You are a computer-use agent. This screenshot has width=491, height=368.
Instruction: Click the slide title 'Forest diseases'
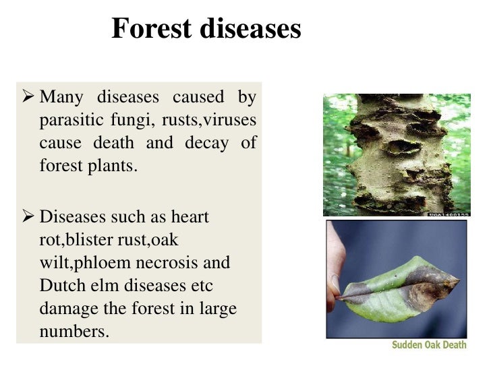[206, 29]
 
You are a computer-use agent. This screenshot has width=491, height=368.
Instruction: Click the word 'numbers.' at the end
[74, 332]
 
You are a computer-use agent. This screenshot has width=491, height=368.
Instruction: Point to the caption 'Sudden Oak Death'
[429, 346]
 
